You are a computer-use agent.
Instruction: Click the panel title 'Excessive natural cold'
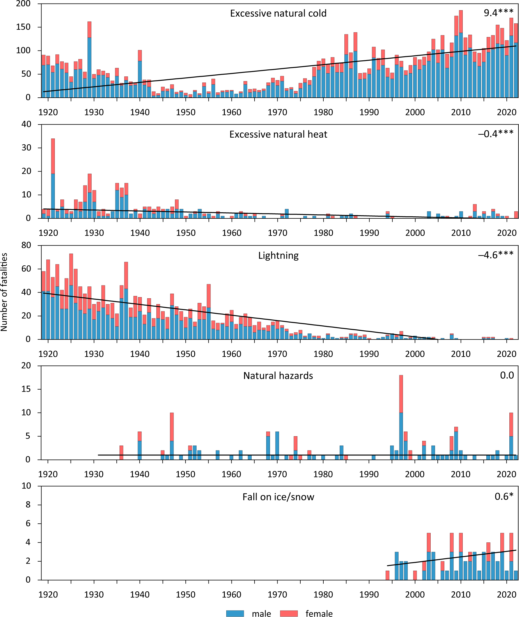coord(278,13)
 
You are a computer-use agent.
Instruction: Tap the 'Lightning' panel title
coord(278,255)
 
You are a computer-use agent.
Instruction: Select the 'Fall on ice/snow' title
coord(278,497)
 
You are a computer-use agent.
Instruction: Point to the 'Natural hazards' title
coord(278,376)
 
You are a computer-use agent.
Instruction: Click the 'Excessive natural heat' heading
coord(278,134)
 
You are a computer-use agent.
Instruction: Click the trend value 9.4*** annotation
coord(498,13)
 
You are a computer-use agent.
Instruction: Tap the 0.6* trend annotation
coord(504,496)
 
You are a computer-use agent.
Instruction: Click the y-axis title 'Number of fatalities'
coord(4,292)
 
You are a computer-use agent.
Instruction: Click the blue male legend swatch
coord(235,613)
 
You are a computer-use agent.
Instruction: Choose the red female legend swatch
coord(289,613)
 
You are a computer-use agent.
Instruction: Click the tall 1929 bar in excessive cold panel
coord(90,59)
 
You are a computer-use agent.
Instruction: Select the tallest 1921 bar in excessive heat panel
coord(53,178)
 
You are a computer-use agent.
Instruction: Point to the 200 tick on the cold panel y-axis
coord(23,4)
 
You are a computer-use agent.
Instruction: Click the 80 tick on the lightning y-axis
coord(26,246)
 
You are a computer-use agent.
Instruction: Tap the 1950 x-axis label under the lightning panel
coord(186,354)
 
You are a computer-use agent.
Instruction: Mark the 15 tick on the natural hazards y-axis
coord(26,389)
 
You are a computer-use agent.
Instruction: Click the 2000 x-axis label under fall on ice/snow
coord(415,595)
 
